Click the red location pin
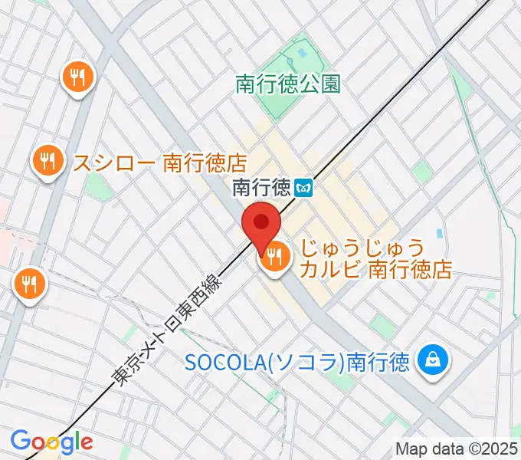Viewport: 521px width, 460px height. coord(261,224)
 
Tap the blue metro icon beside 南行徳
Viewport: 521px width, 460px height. coord(304,187)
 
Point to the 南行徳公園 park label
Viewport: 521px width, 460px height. coord(288,84)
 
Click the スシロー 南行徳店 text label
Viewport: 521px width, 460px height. coord(159,162)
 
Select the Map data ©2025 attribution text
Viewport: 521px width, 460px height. coord(457,449)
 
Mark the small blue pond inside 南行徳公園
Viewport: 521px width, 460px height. coord(299,55)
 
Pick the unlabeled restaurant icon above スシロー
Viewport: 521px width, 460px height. coord(79,76)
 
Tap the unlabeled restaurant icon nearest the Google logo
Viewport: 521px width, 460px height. coord(30,285)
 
